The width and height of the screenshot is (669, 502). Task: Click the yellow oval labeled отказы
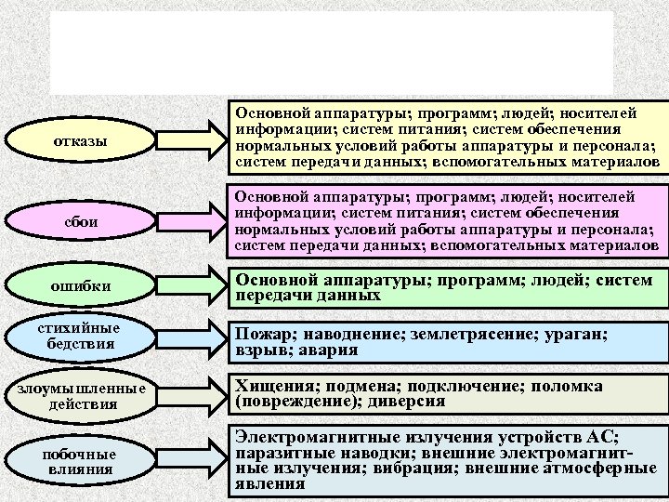pyautogui.click(x=80, y=141)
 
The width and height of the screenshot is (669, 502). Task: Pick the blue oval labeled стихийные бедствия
pyautogui.click(x=80, y=337)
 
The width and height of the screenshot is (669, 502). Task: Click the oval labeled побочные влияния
pyautogui.click(x=80, y=462)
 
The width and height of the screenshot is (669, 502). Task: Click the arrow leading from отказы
pyautogui.click(x=193, y=139)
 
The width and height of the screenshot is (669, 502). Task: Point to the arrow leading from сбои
pyautogui.click(x=193, y=222)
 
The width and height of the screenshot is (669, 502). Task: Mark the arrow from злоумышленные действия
pyautogui.click(x=193, y=395)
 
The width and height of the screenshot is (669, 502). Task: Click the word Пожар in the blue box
pyautogui.click(x=261, y=336)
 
